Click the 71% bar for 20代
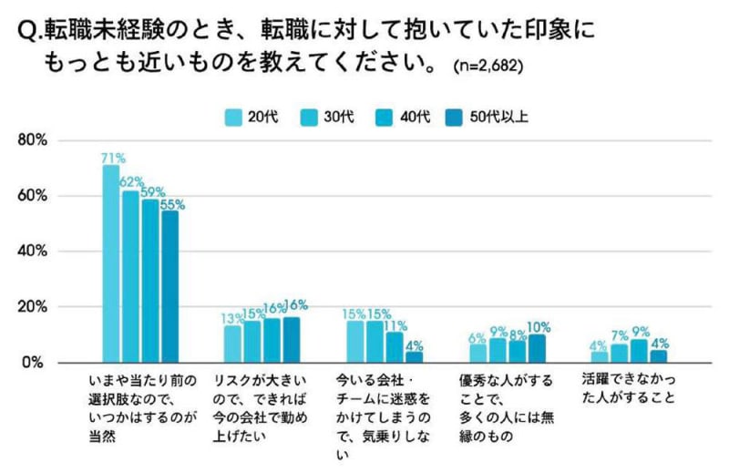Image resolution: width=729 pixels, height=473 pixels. click(111, 264)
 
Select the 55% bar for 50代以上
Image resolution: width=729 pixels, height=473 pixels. click(169, 286)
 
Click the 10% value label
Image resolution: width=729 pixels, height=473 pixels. click(538, 327)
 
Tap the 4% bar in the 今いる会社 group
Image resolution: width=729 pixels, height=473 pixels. click(414, 356)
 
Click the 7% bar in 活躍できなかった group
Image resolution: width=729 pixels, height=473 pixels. click(619, 353)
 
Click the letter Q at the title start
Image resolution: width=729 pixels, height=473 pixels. click(26, 34)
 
